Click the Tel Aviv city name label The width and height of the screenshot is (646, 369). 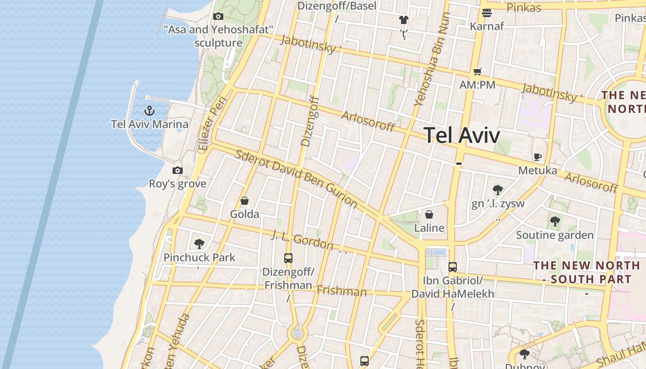tap(461, 135)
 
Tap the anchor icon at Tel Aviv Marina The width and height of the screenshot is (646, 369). tap(149, 111)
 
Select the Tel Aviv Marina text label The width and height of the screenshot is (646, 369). tap(150, 124)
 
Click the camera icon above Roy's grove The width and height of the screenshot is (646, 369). tap(178, 170)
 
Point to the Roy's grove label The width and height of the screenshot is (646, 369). tap(177, 184)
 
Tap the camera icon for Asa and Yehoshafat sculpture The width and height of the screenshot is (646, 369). tap(218, 16)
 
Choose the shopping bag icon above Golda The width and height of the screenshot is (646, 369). tap(245, 201)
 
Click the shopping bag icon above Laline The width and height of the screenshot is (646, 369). tap(429, 214)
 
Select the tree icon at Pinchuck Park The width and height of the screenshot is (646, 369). tap(199, 244)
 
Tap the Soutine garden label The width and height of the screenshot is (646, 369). tap(555, 235)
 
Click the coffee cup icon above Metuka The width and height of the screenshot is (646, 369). tap(538, 157)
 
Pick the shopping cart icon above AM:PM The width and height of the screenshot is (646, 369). tap(477, 71)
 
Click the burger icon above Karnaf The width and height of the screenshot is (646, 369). tap(487, 13)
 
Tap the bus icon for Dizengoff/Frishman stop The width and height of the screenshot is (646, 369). tap(288, 258)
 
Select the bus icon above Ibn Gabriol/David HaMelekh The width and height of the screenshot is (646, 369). tap(453, 267)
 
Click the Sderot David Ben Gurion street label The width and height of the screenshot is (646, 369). tap(296, 179)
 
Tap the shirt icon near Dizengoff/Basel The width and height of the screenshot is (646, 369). tap(404, 19)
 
